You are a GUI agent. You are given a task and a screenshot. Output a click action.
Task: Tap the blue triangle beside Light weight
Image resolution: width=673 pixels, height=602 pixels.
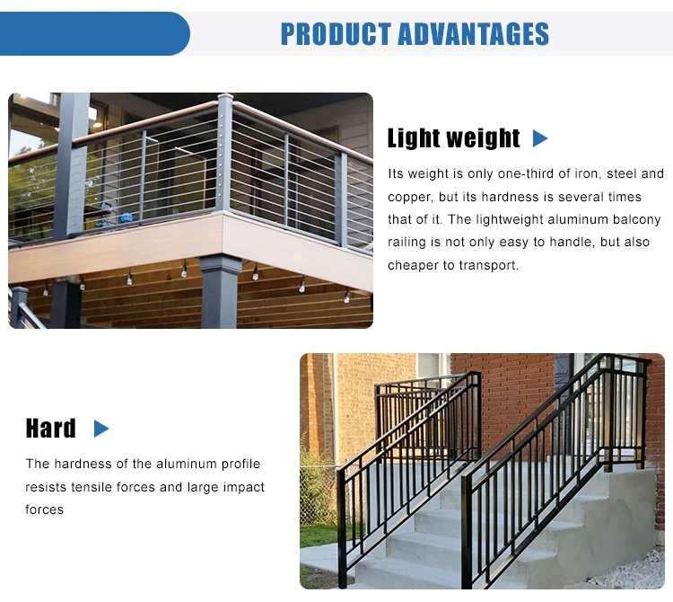coord(539,138)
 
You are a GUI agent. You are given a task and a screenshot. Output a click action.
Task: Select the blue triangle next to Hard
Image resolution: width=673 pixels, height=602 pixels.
coord(101,429)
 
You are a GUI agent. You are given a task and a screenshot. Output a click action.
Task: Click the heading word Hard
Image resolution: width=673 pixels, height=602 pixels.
coord(51,429)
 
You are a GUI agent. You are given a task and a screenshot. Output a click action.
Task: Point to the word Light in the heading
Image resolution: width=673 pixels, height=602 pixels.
coord(414,138)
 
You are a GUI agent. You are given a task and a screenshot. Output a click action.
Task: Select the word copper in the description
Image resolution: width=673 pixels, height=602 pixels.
coord(408,197)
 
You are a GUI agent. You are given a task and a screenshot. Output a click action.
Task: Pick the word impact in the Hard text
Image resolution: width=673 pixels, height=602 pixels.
coord(245,487)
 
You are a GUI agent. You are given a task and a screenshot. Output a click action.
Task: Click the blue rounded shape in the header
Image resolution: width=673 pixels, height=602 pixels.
coord(94,34)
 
